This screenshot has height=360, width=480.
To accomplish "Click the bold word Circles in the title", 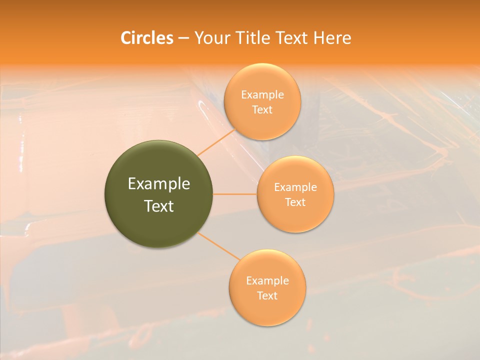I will coord(147,38).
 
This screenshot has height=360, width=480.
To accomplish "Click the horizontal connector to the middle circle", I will coord(235,194).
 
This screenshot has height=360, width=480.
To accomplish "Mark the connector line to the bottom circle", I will coord(219,245).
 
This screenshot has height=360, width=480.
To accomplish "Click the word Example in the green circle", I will coord(159,184).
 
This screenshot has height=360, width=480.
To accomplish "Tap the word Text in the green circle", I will coord(159,206).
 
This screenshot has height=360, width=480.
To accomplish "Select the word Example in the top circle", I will coord(262,95).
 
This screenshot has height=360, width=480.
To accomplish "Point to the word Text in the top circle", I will coord(262,110).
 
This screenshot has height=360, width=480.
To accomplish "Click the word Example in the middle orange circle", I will coord(295,187).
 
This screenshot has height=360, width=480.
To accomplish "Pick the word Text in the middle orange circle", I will coord(295,202).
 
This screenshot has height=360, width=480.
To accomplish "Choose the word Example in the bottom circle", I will coord(267,281).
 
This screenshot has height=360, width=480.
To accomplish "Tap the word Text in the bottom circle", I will coord(267,296).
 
